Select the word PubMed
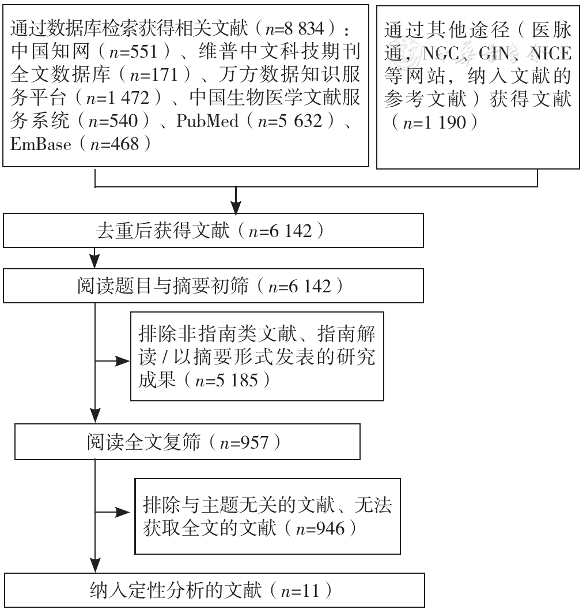click(207, 121)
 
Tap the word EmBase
click(41, 144)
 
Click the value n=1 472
click(118, 97)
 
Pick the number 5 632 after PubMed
click(300, 121)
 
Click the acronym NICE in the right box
click(551, 54)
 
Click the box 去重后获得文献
click(213, 230)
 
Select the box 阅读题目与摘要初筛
click(213, 286)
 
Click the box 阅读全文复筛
click(187, 442)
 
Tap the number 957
click(255, 442)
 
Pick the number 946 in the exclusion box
click(331, 529)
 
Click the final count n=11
click(300, 591)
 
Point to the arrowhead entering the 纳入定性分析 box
click(95, 566)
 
